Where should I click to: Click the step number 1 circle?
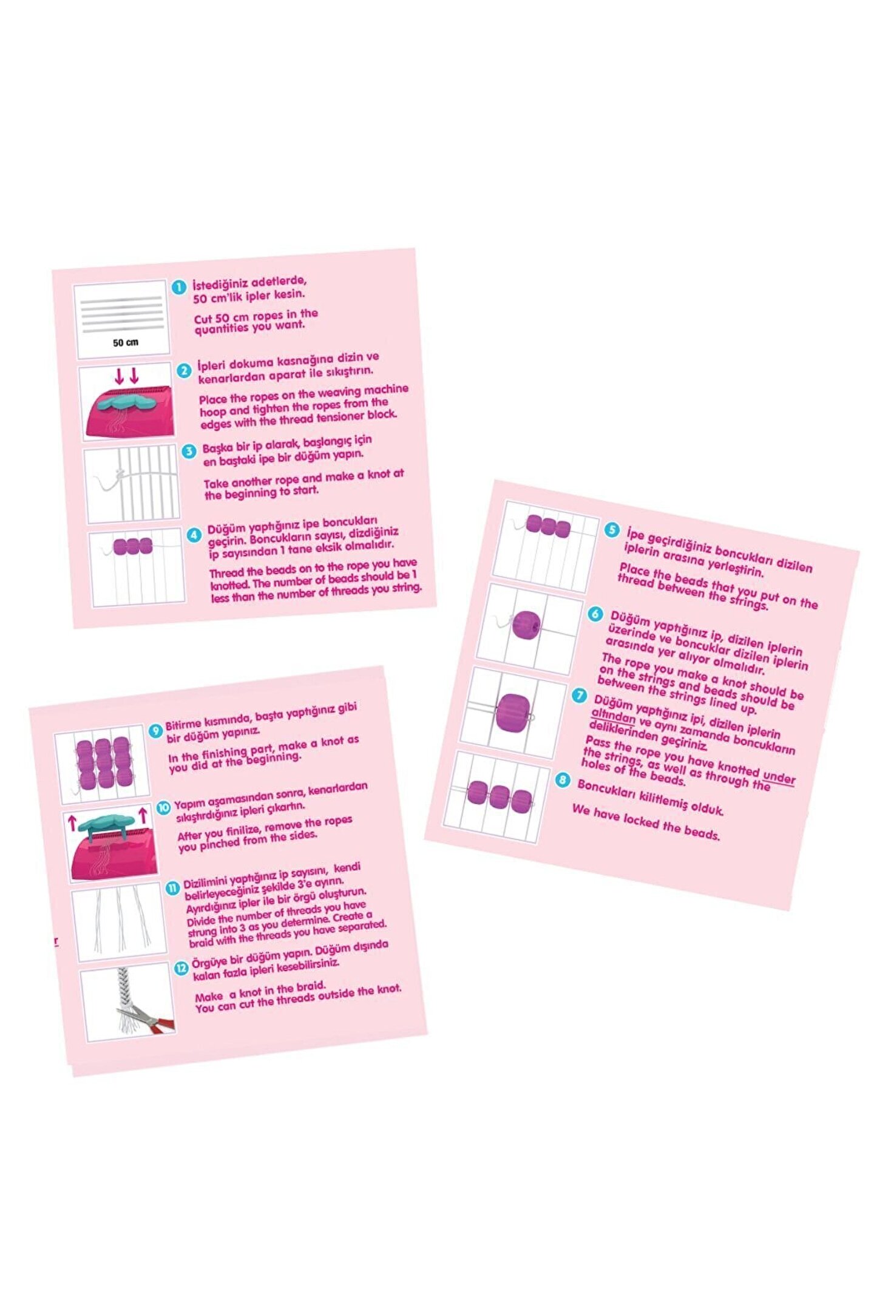pos(178,287)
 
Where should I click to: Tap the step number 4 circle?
pos(194,535)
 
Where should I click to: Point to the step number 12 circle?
pos(181,967)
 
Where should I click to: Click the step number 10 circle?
pos(163,808)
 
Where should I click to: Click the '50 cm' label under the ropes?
pos(126,342)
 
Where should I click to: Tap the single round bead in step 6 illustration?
pos(526,625)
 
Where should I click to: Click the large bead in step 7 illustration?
pos(513,713)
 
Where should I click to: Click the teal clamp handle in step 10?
pos(106,824)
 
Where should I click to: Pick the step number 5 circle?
pos(612,530)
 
